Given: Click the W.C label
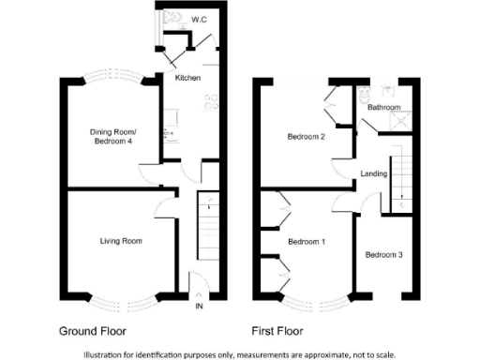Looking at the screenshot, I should point(199,20).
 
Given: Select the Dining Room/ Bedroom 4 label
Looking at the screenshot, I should point(112,136).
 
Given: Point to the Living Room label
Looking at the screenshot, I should point(121,241).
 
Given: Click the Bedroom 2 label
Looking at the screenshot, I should point(306,138).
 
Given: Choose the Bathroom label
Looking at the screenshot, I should point(383,108).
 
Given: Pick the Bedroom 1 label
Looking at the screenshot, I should point(306,242).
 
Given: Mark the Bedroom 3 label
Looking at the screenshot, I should point(383,255).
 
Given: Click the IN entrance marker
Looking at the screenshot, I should point(198,306).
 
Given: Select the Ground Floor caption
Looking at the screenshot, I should point(93,331).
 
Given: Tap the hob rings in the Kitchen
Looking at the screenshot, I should point(212,102).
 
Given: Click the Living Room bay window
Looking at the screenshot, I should point(119,301).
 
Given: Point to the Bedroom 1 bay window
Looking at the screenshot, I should point(316,303).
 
